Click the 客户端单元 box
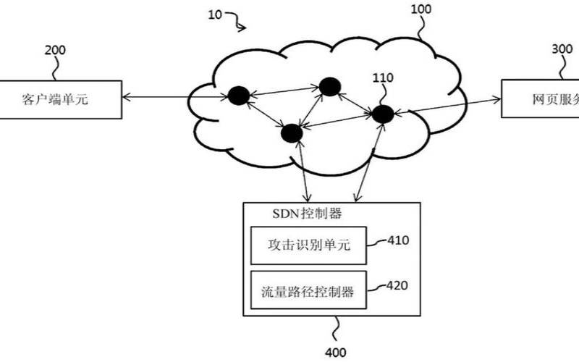pyautogui.click(x=60, y=100)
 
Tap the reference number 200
pyautogui.click(x=55, y=51)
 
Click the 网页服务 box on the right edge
pyautogui.click(x=540, y=100)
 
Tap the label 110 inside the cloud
pyautogui.click(x=384, y=77)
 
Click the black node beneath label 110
pyautogui.click(x=382, y=114)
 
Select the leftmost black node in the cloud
pyautogui.click(x=239, y=95)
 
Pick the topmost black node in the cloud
pyautogui.click(x=329, y=87)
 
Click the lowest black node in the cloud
pyautogui.click(x=292, y=133)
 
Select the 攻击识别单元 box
pyautogui.click(x=309, y=245)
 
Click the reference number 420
pyautogui.click(x=399, y=286)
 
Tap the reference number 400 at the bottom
pyautogui.click(x=335, y=353)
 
